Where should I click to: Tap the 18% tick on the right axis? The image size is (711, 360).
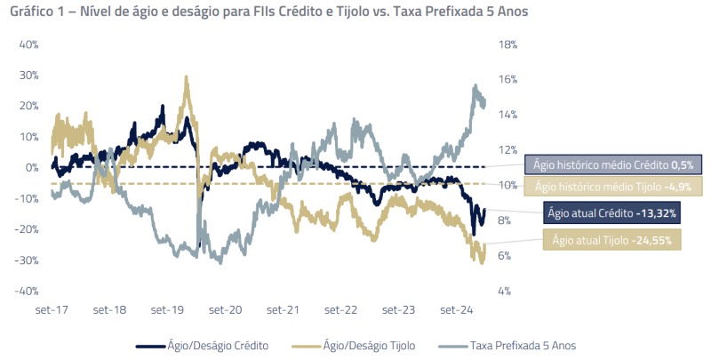(508, 44)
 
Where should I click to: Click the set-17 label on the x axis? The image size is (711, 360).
(52, 310)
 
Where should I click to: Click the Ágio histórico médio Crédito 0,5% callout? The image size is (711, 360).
(613, 164)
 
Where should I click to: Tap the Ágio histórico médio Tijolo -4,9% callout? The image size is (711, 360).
(612, 186)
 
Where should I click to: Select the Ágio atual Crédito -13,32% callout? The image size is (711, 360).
(612, 213)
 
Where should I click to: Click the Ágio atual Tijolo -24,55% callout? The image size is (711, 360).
(612, 240)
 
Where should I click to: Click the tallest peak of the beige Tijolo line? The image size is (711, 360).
(187, 76)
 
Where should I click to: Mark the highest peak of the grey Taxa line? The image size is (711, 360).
(476, 86)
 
